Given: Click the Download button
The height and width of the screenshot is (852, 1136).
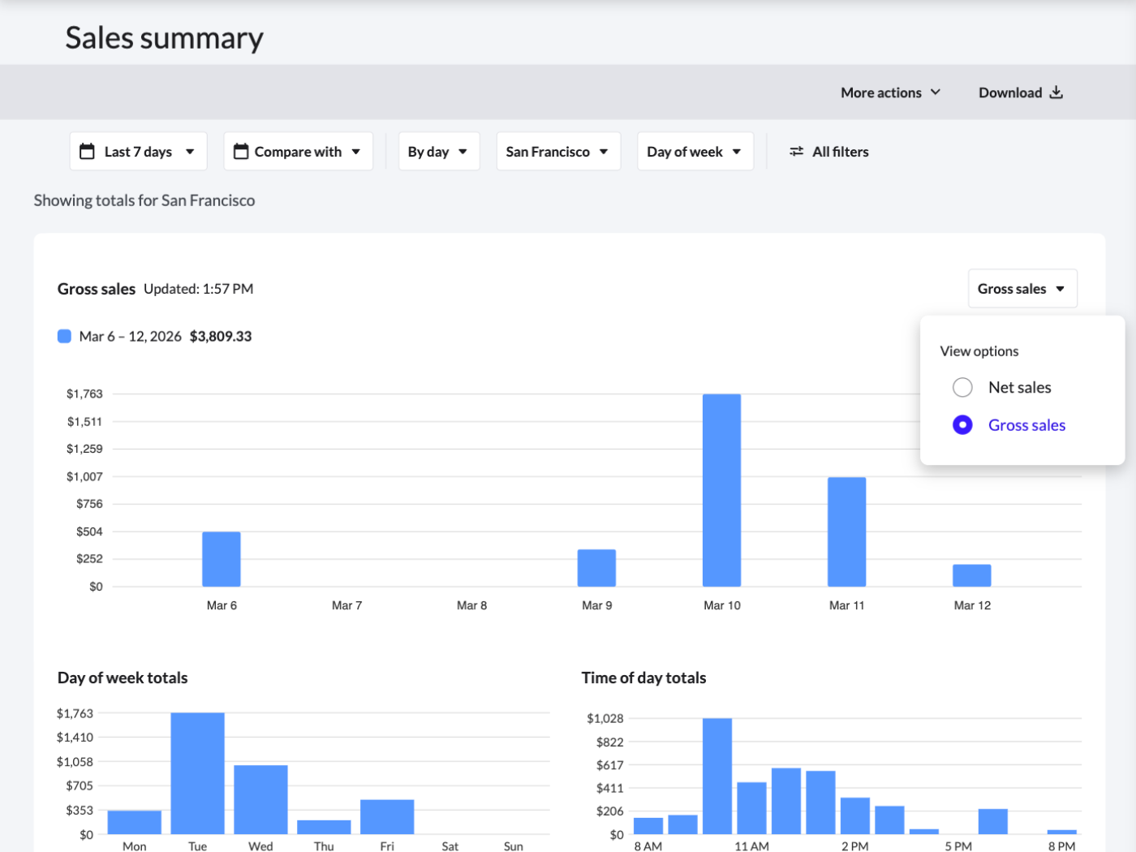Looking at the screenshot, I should pos(1020,93).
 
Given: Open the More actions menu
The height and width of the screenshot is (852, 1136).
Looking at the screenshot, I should pos(890,93).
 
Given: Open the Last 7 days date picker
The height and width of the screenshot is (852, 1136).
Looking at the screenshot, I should pos(138,152).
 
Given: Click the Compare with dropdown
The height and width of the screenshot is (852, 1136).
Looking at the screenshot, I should pos(298,152).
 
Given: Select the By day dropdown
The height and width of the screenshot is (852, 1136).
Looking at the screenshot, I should pos(438,152).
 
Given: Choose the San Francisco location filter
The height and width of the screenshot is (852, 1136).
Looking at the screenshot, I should pos(557,152).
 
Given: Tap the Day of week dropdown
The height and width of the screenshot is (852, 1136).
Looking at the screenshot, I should pos(695,152).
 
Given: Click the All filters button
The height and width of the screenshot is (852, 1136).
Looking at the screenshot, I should pos(829,152).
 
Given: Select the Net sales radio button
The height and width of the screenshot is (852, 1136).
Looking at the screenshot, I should pos(962,388).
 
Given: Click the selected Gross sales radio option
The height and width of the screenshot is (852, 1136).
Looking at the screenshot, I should pos(962,425).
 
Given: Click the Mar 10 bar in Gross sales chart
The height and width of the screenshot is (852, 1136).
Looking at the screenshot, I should pos(721,490).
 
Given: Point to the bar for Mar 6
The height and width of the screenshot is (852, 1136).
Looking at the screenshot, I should pos(222,559).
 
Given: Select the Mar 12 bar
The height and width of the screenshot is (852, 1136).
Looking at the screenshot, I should pos(971,575).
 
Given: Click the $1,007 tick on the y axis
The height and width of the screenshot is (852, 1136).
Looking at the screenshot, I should pos(84,476).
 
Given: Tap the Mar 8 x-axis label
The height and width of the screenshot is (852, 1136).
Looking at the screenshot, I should pos(471,605).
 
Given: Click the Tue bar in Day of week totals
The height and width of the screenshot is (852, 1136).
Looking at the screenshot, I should pos(197,773).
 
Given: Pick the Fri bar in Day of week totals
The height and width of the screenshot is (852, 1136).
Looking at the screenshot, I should pos(387,816).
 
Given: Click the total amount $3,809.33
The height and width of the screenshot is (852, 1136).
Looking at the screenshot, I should pos(221,336).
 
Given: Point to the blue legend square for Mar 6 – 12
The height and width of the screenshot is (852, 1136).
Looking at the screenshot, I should pos(64,336).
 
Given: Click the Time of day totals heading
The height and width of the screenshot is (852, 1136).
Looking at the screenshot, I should pos(643,678).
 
